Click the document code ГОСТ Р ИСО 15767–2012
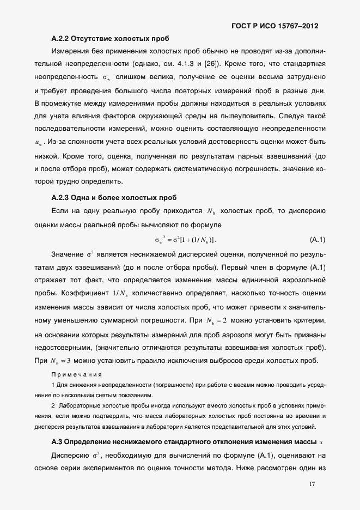point(275,26)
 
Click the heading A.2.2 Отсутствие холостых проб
point(109,39)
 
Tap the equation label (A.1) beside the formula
point(317,239)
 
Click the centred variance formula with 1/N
point(185,240)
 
